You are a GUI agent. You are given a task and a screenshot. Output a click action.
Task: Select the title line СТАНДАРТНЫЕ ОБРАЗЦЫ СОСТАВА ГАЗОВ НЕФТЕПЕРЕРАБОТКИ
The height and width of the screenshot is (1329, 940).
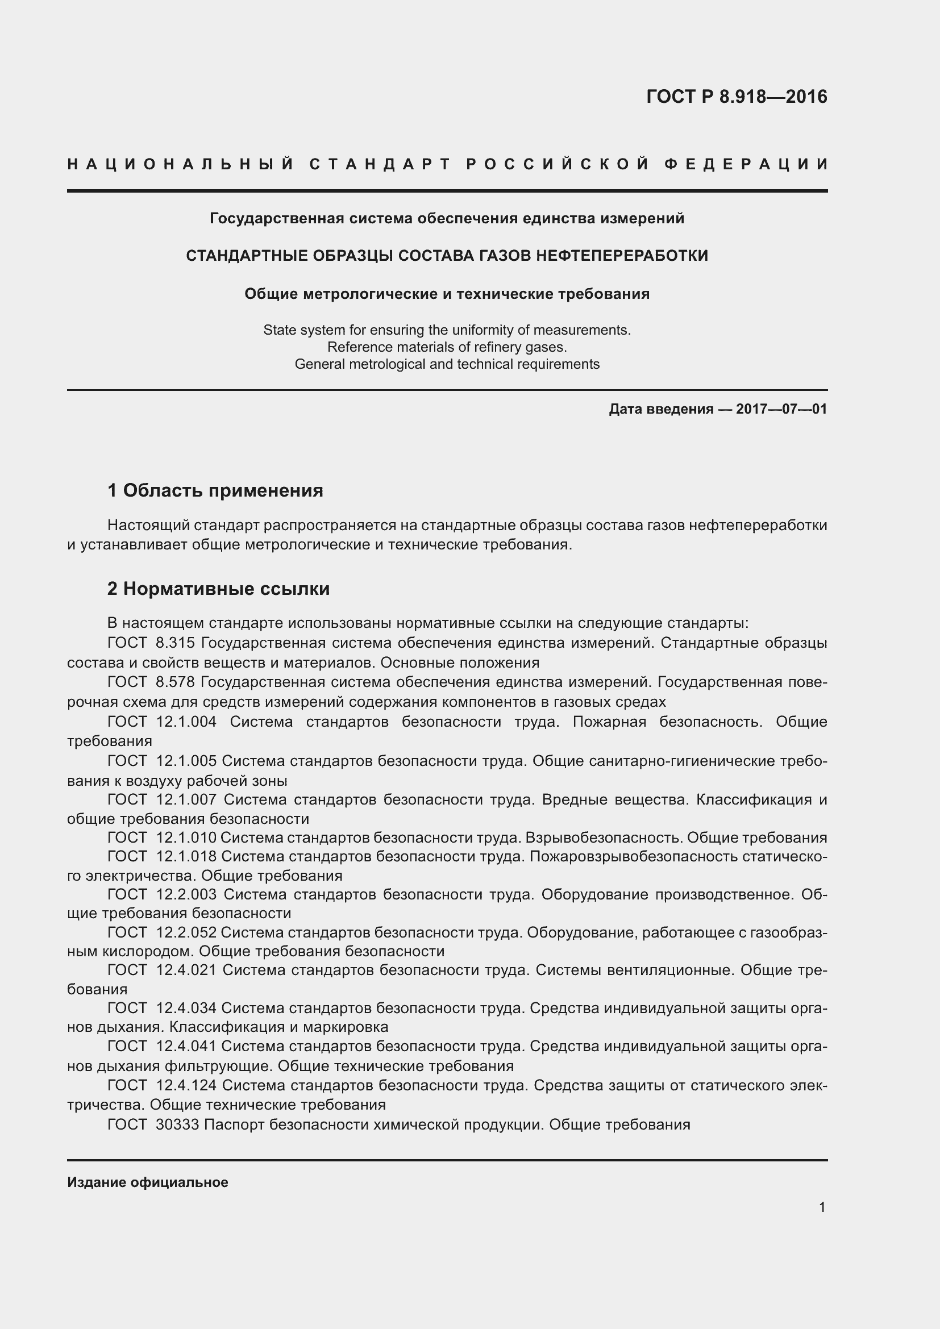pyautogui.click(x=447, y=256)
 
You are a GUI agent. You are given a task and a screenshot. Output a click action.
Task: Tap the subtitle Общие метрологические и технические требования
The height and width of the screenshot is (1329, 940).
pyautogui.click(x=447, y=294)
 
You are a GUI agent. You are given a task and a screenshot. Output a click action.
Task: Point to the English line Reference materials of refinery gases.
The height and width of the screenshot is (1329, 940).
pyautogui.click(x=447, y=347)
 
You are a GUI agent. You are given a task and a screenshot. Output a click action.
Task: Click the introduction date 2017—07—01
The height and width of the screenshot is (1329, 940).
pyautogui.click(x=781, y=409)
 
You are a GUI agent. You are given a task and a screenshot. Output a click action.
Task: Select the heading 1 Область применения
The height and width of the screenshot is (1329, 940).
pyautogui.click(x=215, y=491)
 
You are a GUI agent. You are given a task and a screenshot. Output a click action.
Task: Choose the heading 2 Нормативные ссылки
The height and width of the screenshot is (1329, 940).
pyautogui.click(x=219, y=589)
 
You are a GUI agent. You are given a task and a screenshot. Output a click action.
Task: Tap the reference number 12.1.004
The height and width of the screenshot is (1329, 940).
pyautogui.click(x=186, y=722)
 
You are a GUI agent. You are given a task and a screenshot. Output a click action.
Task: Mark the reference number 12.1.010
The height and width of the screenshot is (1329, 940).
pyautogui.click(x=186, y=838)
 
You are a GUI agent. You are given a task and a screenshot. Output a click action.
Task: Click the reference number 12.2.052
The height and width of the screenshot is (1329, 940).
pyautogui.click(x=186, y=932)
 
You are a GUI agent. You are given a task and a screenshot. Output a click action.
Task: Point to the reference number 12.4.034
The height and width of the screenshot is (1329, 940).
pyautogui.click(x=186, y=1009)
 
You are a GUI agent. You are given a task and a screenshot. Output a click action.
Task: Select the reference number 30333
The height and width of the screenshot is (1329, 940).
pyautogui.click(x=177, y=1124)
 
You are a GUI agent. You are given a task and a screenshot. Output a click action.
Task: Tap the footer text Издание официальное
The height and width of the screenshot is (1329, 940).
pyautogui.click(x=148, y=1182)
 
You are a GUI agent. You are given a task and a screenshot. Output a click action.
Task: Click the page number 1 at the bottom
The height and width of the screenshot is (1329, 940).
pyautogui.click(x=822, y=1207)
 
